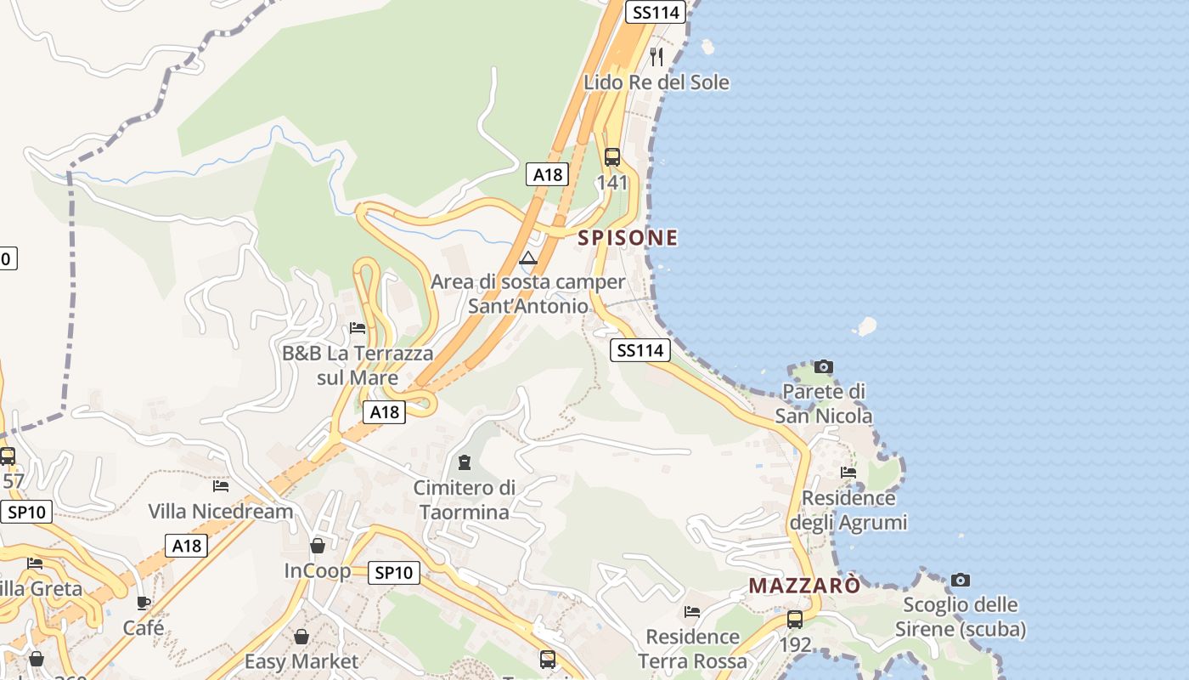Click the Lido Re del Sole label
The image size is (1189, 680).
click(656, 82)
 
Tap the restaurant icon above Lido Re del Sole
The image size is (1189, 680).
click(656, 57)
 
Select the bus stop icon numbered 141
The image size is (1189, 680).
click(611, 157)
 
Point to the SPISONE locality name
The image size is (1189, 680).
click(628, 238)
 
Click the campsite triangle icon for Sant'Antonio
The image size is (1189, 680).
click(528, 258)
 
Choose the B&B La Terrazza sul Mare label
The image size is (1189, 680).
click(358, 365)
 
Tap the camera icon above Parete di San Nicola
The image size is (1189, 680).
click(823, 367)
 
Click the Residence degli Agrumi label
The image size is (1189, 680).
click(848, 510)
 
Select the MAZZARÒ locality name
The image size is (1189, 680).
click(804, 586)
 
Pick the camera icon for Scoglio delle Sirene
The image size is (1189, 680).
click(961, 580)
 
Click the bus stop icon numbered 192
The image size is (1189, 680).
click(795, 620)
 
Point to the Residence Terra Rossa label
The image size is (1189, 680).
click(692, 649)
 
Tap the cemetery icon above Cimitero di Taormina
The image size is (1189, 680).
click(464, 463)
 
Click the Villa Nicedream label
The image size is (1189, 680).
click(221, 511)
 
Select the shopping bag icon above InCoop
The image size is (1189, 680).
click(318, 545)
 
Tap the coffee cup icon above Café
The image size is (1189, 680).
click(144, 603)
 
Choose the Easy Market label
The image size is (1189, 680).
click(301, 661)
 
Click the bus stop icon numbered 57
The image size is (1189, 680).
click(8, 456)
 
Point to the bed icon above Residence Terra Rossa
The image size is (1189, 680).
click(692, 612)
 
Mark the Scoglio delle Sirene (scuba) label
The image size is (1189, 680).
click(961, 617)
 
